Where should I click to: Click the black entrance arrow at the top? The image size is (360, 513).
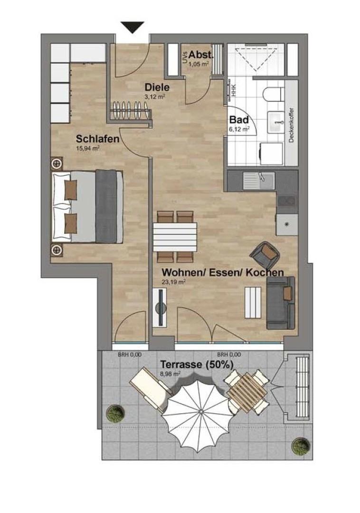[x=133, y=27]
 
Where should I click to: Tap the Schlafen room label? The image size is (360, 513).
[x=97, y=139]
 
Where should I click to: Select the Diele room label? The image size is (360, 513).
[x=157, y=87]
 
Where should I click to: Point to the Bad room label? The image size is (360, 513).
[x=239, y=120]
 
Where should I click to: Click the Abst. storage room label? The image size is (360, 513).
[x=201, y=55]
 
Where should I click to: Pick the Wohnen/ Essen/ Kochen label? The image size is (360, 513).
[x=223, y=272]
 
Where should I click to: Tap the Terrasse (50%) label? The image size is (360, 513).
[x=197, y=364]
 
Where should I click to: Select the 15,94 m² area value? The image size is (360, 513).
[x=88, y=148]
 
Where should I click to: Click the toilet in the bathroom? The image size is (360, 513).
[x=273, y=95]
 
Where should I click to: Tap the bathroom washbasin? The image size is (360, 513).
[x=276, y=122]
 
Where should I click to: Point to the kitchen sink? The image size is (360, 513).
[x=259, y=181]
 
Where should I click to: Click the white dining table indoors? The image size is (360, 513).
[x=175, y=235]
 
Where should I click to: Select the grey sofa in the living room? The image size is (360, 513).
[x=281, y=303]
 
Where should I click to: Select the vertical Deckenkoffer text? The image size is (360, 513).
[x=291, y=125]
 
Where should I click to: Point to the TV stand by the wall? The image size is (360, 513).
[x=160, y=307]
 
